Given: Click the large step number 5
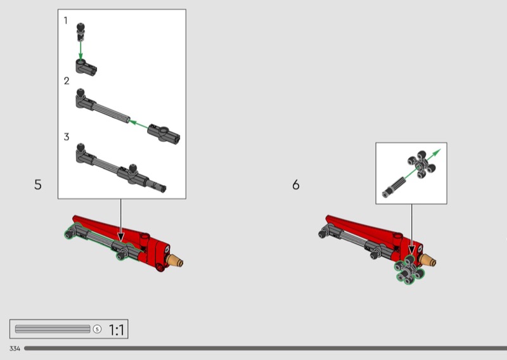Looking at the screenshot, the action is coord(38,184).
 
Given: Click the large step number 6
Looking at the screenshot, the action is coord(296,184).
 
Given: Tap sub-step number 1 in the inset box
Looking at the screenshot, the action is coord(66,21).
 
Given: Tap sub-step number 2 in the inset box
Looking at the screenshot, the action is coord(67,81).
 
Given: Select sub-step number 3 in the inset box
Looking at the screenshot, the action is coord(67,137).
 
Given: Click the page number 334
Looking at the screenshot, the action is coord(15,349).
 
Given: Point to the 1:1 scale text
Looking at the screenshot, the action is coord(116,330).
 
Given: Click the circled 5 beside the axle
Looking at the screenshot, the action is coord(97,330).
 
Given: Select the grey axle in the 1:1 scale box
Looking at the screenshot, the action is coord(53,329).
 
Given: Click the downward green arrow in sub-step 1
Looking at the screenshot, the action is coord(80,50).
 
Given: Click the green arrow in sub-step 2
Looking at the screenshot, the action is coord(138,124).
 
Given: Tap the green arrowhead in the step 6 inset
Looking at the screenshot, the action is coord(437,153).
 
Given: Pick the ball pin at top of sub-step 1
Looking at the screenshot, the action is coord(80,32).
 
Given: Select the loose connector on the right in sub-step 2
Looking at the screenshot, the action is coord(164,134).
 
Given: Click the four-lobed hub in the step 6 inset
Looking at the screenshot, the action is coord(421,165).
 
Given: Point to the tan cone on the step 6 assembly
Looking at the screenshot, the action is coord(427,260).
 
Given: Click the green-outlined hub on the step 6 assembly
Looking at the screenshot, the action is coord(409,270).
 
